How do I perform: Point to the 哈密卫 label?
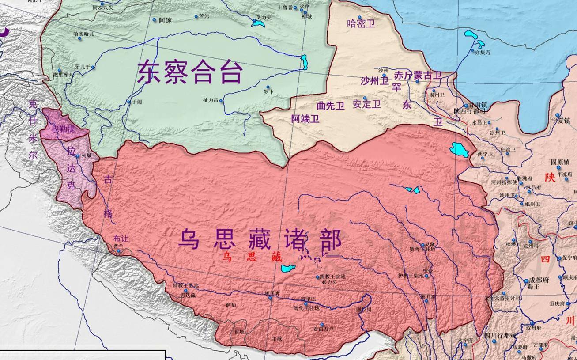pos(361,23)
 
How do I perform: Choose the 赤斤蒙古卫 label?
pos(417,76)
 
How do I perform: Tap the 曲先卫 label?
pos(330,106)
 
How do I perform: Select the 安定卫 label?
pos(366,105)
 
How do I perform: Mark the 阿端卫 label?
pos(305,118)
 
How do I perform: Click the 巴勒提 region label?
pos(64,129)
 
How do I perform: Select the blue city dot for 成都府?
pos(526,281)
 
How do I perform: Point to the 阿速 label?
pos(166,20)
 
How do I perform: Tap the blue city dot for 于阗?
pos(129,102)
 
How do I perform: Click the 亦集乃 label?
pos(483,52)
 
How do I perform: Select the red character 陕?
pos(550,177)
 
